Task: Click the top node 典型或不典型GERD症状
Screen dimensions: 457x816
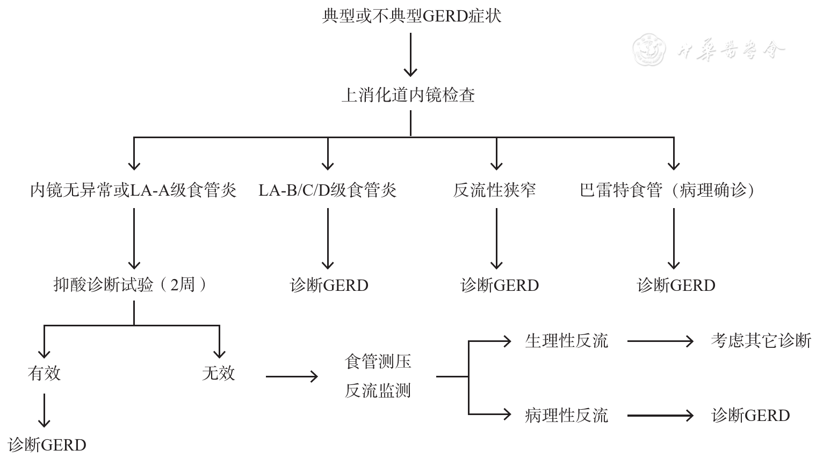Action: pos(411,16)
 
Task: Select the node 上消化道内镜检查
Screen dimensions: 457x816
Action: pos(408,95)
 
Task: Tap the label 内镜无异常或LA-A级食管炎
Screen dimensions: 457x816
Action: pos(133,190)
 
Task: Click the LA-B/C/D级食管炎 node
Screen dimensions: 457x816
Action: pos(328,190)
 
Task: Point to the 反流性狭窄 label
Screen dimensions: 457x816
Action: pos(494,190)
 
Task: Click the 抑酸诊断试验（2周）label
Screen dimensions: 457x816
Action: pos(131,284)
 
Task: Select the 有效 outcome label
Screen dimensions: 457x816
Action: pos(44,373)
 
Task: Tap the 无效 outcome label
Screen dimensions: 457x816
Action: pos(219,373)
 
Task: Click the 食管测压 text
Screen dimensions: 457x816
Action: pos(378,361)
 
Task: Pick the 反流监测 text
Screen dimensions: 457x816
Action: pos(378,391)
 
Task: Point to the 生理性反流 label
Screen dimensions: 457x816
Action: pos(566,341)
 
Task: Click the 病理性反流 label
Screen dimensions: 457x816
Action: pos(566,415)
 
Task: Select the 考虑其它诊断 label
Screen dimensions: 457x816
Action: pos(761,341)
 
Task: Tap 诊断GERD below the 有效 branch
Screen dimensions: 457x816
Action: pos(47,445)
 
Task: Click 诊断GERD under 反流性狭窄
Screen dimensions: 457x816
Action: pos(500,285)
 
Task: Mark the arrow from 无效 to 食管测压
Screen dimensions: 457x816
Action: pos(292,376)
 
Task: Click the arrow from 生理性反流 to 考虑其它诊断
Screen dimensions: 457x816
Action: pos(660,341)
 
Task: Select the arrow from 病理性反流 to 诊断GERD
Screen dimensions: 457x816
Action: pos(660,415)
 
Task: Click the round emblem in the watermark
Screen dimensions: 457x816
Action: pos(649,49)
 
